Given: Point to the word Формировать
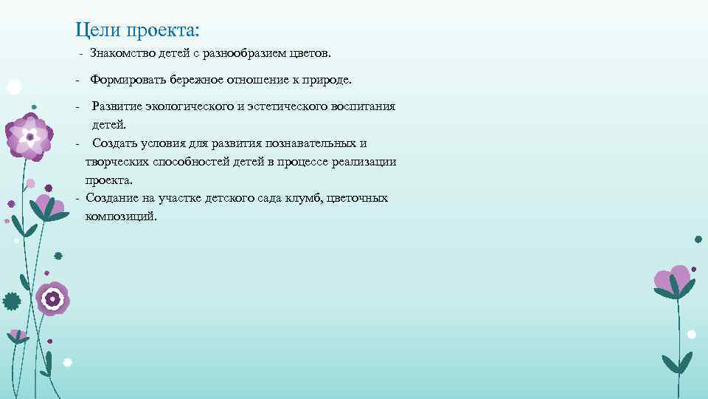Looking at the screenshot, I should pos(127,79).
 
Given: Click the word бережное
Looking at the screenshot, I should pos(200,79).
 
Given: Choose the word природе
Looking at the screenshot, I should pos(327,79).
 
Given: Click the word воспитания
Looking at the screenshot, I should pos(365,106).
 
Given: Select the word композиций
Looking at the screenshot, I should pos(121,216).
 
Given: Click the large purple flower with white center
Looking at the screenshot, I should pos(29,137).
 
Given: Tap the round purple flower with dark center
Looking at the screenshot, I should pos(52,299).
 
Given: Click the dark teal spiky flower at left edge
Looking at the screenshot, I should pos(11,301).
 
